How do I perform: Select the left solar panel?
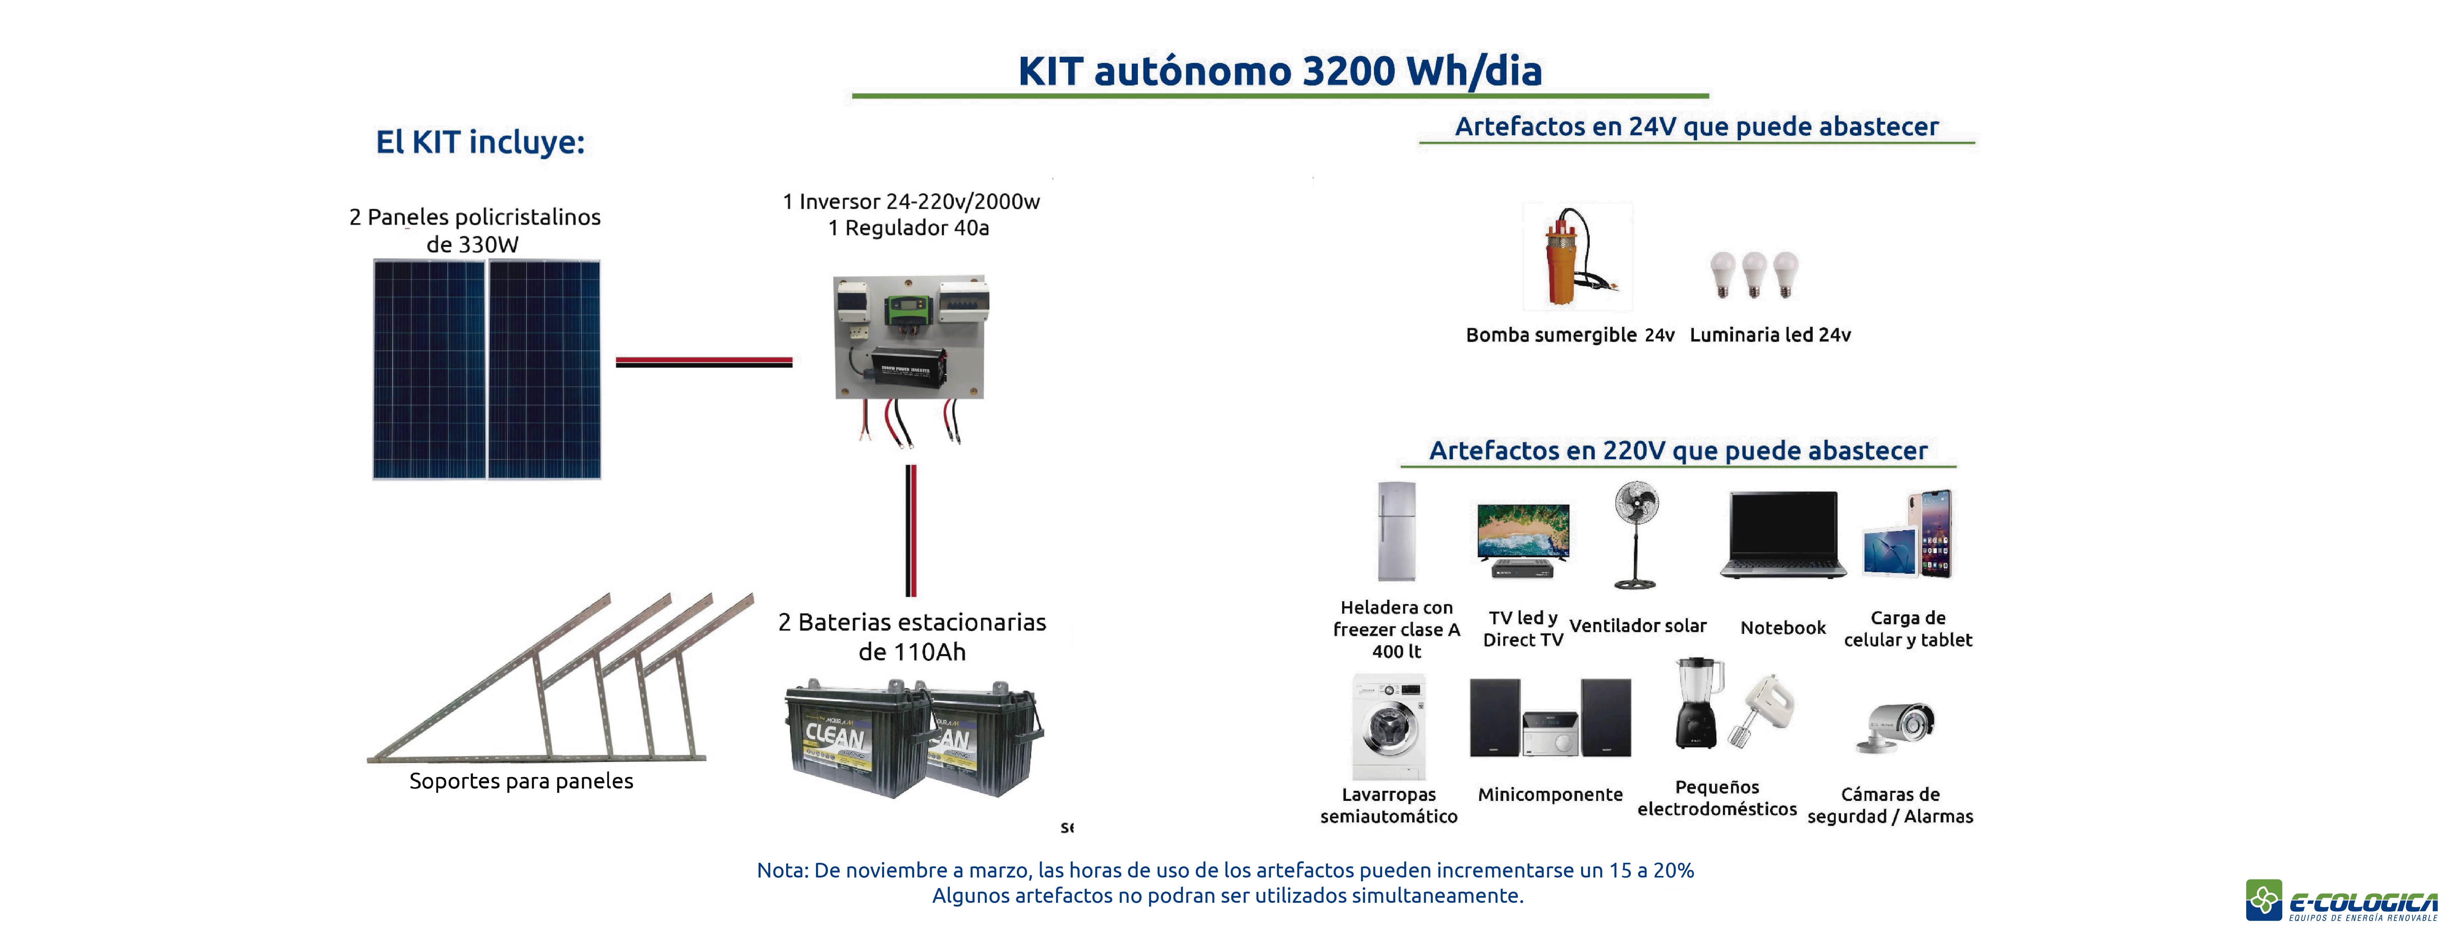(430, 369)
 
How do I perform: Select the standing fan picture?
(1636, 535)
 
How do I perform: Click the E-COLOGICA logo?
(2342, 900)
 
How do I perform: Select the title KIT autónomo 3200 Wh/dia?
(1280, 72)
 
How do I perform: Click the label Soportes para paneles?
(521, 781)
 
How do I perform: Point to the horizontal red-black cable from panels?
(704, 362)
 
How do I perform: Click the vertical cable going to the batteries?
(911, 531)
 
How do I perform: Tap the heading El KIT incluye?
(480, 142)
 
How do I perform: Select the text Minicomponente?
(1550, 794)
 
